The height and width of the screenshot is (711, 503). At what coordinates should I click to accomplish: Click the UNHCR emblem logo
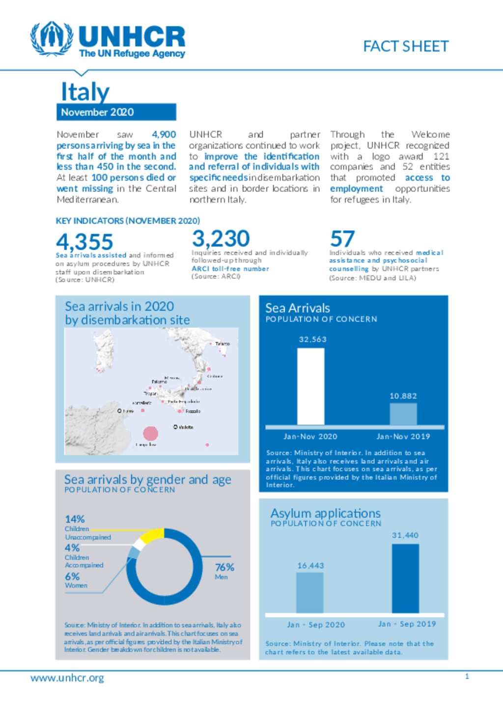click(52, 39)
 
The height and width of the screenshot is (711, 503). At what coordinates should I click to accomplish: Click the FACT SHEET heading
click(406, 46)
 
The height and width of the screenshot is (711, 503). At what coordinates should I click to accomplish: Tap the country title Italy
click(85, 92)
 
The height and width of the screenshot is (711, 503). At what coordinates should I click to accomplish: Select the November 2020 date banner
click(116, 112)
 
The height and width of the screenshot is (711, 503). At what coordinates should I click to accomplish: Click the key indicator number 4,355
click(84, 241)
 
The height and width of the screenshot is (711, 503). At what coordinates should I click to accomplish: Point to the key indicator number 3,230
click(221, 239)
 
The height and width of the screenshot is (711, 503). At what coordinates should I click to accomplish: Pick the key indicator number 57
click(342, 239)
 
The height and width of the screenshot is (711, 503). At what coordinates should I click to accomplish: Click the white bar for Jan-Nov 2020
click(310, 387)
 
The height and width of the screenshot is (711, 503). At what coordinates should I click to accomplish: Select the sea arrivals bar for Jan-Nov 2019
click(403, 414)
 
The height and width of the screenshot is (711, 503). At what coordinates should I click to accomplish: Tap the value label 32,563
click(312, 339)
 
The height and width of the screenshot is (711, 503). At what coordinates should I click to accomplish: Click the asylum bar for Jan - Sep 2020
click(309, 592)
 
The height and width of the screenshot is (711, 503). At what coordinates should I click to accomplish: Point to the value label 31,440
click(405, 535)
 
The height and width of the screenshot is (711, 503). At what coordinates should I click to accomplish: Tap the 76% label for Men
click(224, 567)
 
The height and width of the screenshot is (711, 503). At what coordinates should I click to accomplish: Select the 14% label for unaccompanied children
click(75, 519)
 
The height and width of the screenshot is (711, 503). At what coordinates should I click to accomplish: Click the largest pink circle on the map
click(150, 433)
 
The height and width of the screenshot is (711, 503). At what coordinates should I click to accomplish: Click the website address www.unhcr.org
click(67, 678)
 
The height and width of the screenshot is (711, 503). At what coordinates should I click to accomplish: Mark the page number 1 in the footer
click(467, 676)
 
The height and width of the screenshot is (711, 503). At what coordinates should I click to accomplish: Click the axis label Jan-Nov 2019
click(403, 436)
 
